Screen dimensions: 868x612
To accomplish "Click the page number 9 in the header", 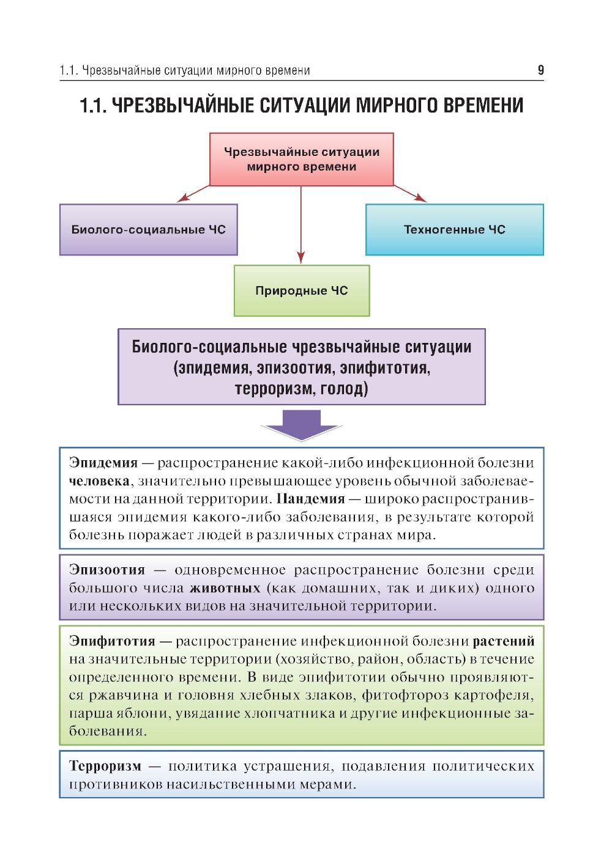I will [540, 70].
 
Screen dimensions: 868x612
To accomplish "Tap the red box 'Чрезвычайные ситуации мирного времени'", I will [301, 160].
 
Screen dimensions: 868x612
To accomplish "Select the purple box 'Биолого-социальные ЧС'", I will [148, 230].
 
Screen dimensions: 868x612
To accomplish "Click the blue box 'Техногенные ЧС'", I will [454, 230].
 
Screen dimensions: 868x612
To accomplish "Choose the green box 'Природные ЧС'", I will [301, 291].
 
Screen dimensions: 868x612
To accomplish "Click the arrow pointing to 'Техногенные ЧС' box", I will [410, 193].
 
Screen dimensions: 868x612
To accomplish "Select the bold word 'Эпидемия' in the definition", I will [103, 463].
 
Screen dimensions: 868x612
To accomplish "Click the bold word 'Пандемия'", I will [310, 499].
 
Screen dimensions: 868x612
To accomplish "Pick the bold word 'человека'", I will [99, 481].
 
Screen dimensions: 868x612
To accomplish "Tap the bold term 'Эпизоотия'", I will [107, 570].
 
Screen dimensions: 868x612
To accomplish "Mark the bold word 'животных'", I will [225, 588].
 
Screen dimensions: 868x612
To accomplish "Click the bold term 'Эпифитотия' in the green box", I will [112, 641].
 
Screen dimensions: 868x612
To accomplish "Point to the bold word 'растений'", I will [503, 641].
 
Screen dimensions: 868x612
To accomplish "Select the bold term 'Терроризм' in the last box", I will [105, 767].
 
